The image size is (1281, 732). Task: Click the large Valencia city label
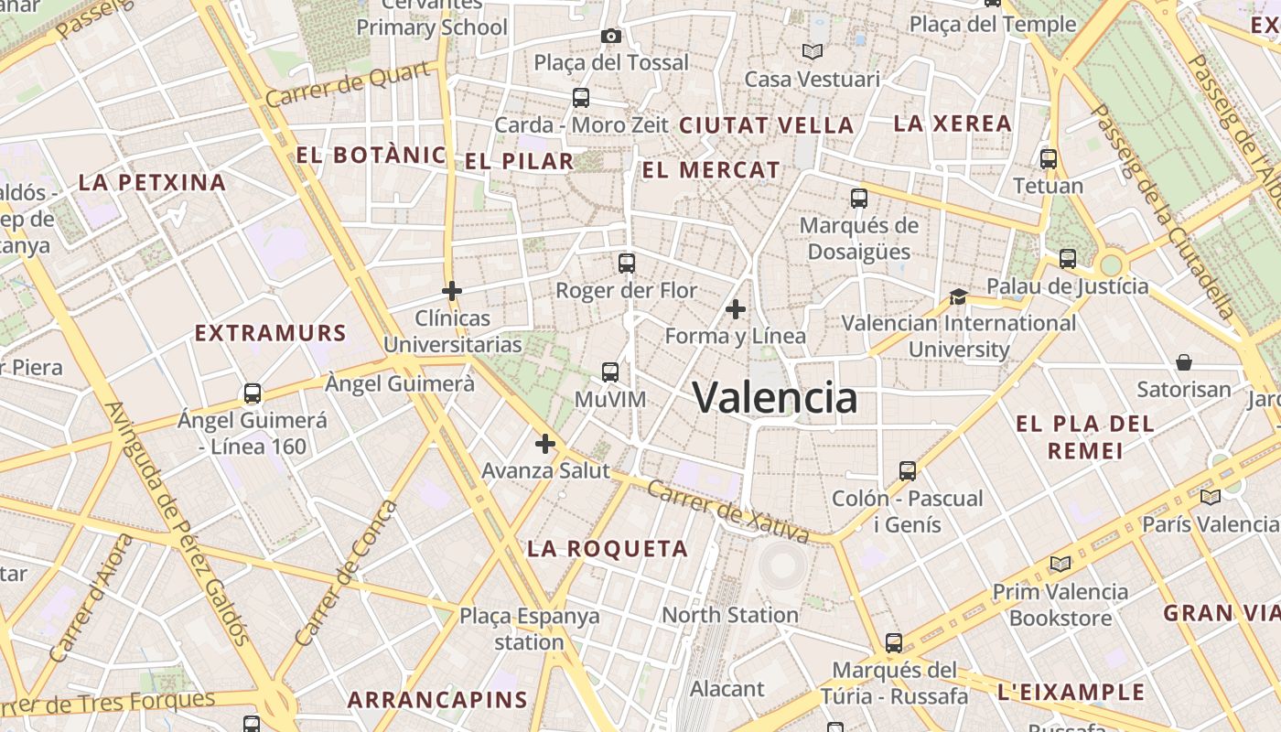[x=774, y=397]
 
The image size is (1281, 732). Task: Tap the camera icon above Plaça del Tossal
[x=611, y=36]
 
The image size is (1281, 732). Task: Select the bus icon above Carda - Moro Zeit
[x=580, y=98]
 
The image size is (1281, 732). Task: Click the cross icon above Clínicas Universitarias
[x=451, y=292]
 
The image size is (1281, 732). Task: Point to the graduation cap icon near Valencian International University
[x=958, y=296]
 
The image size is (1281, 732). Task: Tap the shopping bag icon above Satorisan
[x=1184, y=362]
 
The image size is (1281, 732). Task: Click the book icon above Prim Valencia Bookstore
[x=1060, y=564]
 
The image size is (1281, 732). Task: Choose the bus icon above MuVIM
[x=610, y=372]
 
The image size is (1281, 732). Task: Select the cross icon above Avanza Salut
[x=545, y=445]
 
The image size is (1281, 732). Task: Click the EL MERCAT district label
[x=711, y=170]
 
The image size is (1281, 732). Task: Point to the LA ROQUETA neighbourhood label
[x=608, y=549]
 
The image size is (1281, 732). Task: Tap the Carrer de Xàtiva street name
[x=727, y=511]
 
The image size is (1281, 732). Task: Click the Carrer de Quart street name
[x=348, y=84]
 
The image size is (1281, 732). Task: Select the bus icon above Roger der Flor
[x=627, y=264]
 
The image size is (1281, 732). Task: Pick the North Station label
[x=730, y=615]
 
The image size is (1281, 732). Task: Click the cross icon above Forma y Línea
[x=736, y=309]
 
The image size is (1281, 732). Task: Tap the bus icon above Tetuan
[x=1049, y=159]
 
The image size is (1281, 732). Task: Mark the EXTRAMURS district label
[x=271, y=333]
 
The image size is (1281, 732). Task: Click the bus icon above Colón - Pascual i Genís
[x=907, y=471]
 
